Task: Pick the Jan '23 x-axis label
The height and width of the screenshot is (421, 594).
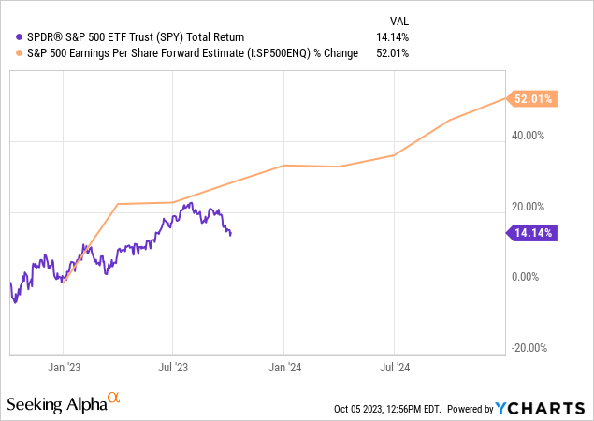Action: (x=64, y=368)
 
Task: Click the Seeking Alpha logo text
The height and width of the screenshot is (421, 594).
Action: (x=56, y=404)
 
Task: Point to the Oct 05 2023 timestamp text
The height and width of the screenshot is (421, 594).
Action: (x=385, y=409)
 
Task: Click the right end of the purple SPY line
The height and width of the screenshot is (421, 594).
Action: (x=231, y=234)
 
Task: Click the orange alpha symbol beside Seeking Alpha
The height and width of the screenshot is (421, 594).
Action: (x=114, y=399)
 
